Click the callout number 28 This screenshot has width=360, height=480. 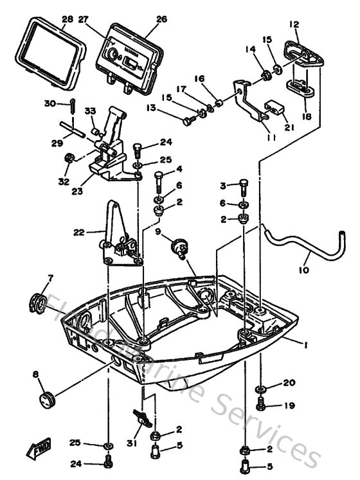click(x=67, y=19)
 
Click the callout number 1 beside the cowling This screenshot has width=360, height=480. click(x=307, y=344)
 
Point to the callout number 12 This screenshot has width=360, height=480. click(x=294, y=24)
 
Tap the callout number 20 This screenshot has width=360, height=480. click(x=289, y=383)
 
